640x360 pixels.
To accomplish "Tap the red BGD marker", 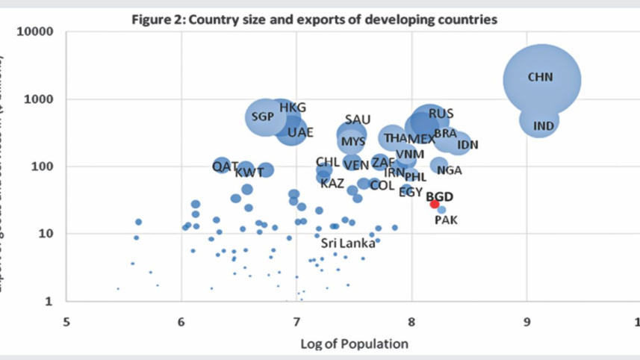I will [x=435, y=204].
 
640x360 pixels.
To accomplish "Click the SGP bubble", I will [x=264, y=117].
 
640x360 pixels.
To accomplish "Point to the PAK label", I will [x=446, y=220].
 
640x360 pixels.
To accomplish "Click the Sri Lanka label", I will [x=348, y=243].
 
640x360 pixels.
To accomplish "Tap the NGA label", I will [x=449, y=170].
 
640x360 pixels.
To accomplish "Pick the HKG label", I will [x=293, y=108].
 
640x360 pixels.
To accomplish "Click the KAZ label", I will [x=332, y=183].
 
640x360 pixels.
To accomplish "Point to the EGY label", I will [x=410, y=192].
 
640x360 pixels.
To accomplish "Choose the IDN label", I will [x=467, y=145].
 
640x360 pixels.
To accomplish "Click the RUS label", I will [x=441, y=114].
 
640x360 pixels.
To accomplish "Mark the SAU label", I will [x=358, y=120].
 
